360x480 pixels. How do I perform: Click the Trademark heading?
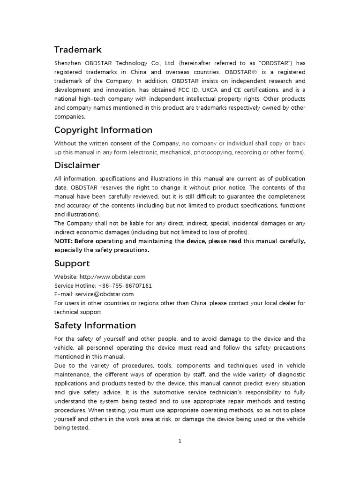click(x=78, y=49)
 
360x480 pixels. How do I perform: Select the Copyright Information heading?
click(x=103, y=130)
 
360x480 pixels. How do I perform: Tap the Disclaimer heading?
click(x=77, y=165)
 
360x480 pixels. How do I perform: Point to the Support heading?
click(x=72, y=263)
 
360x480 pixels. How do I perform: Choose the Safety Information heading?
click(x=95, y=325)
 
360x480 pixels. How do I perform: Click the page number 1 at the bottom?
click(x=180, y=440)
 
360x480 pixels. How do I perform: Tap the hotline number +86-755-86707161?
click(x=125, y=285)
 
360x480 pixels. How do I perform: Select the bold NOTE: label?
click(x=64, y=241)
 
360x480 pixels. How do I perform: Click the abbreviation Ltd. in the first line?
click(x=170, y=63)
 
